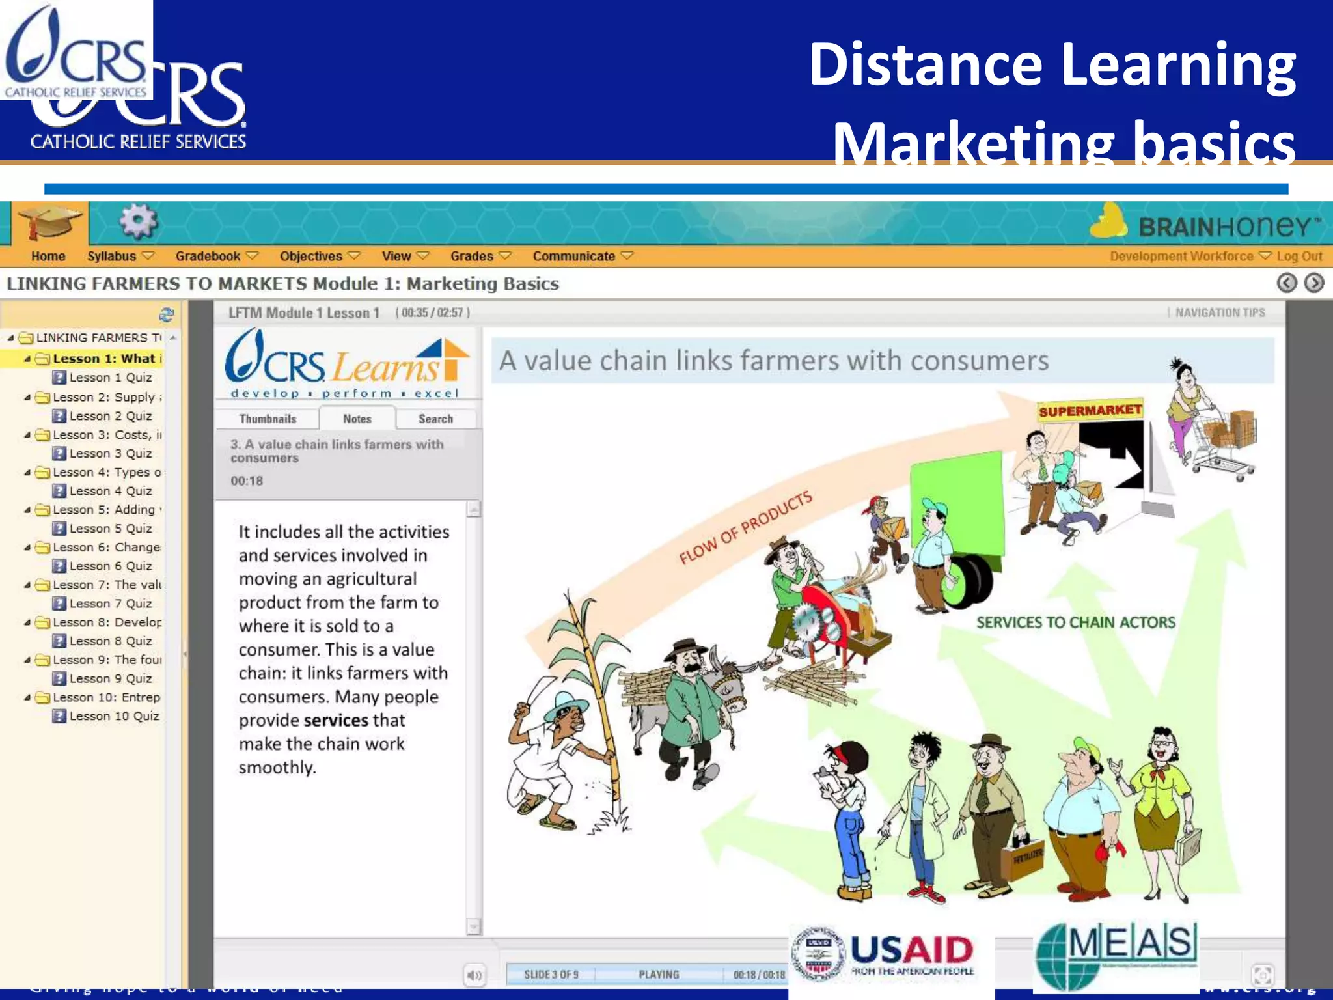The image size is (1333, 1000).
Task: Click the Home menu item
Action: [48, 257]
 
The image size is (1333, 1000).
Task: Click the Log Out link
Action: [1299, 257]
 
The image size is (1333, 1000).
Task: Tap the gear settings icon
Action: [138, 222]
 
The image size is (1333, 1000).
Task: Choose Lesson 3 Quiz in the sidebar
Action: [110, 453]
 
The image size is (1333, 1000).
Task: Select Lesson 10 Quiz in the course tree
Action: [113, 716]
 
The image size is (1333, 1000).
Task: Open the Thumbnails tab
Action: [268, 419]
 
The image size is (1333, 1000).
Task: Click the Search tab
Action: [435, 419]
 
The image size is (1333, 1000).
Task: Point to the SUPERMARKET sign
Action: [1090, 410]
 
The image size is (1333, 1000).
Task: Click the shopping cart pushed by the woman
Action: [1224, 443]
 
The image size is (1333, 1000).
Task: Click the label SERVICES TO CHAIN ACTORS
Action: [1075, 622]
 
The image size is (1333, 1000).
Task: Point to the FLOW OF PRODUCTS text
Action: [746, 527]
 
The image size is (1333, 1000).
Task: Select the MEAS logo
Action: [1117, 954]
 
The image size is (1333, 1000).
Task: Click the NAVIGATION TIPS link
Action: [1219, 312]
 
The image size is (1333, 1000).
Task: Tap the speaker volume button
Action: [474, 975]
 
